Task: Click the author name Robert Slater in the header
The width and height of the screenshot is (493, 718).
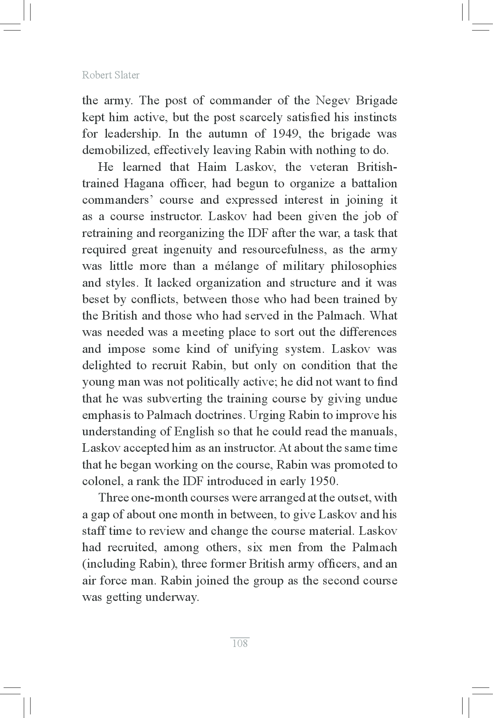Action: (111, 75)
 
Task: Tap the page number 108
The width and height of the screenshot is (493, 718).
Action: (240, 643)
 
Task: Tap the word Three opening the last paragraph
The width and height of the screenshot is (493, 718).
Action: (114, 498)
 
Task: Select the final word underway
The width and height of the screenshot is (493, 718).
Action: (172, 597)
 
